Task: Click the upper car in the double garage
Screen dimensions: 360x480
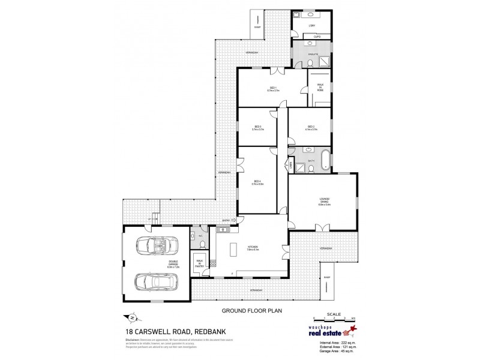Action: (154, 247)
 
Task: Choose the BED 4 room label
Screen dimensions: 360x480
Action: (257, 182)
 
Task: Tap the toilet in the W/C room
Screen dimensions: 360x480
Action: (203, 243)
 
